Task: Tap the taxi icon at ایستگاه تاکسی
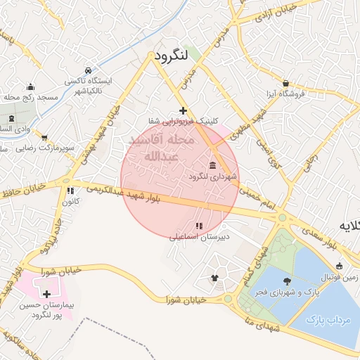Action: (88, 71)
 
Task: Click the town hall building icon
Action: (212, 166)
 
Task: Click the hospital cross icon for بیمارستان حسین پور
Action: (46, 294)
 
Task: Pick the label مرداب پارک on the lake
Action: (328, 319)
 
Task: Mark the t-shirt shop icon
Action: (214, 278)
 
